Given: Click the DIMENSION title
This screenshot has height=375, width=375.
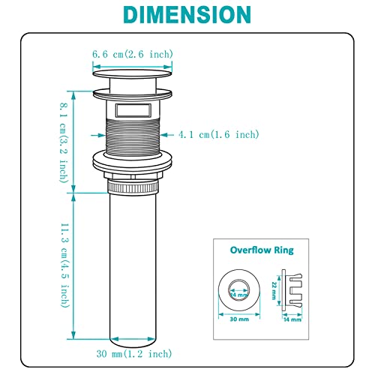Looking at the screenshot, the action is [x=187, y=14].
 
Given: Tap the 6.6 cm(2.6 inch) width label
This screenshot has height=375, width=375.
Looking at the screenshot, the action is [x=133, y=54].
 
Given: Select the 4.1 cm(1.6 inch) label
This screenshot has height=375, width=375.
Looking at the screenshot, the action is [x=218, y=134].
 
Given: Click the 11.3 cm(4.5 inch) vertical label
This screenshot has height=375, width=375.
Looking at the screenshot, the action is [x=64, y=265].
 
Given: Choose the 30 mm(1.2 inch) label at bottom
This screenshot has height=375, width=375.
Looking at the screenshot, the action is [x=134, y=353].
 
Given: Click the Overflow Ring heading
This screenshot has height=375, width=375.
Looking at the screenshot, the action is [x=262, y=250].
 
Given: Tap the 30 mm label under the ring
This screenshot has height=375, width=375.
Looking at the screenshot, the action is [x=239, y=319].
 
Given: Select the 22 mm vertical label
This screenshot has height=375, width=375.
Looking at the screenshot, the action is [x=274, y=290].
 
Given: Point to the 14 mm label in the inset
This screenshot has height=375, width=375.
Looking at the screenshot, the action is [x=292, y=319].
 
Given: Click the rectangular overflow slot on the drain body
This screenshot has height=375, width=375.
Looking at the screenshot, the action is [x=133, y=110].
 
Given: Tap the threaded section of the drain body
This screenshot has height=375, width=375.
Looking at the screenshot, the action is [x=133, y=136].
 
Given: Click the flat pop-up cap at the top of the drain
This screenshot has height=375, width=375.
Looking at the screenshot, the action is [x=133, y=73].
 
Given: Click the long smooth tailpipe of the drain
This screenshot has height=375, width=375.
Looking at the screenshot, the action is [x=133, y=268].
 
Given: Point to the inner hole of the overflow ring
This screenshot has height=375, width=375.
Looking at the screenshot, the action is [x=239, y=290].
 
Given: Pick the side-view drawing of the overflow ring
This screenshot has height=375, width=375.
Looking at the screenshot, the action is [x=292, y=290].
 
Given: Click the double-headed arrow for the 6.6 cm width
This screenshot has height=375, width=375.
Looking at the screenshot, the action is [x=133, y=67].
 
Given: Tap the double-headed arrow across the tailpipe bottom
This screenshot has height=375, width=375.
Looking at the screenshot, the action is [x=133, y=339].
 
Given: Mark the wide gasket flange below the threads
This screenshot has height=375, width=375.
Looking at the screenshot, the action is [x=133, y=162].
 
